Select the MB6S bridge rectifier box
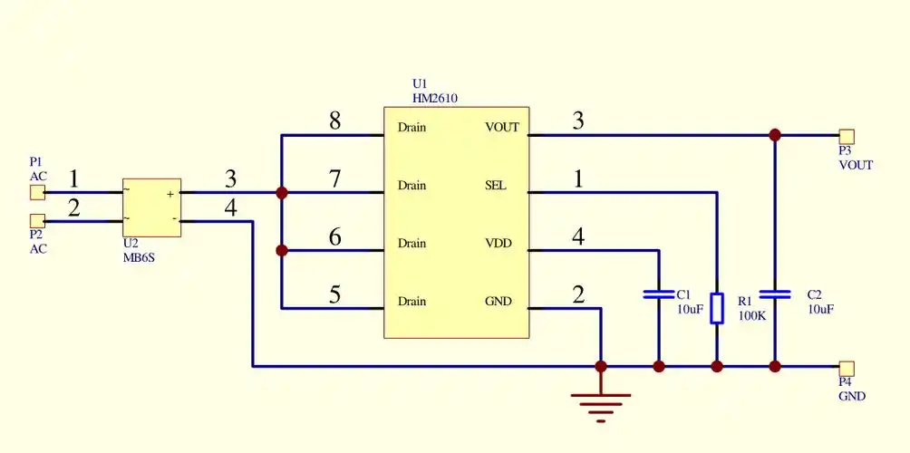(151, 207)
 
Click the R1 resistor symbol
(717, 308)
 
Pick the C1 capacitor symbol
(659, 294)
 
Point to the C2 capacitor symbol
(775, 294)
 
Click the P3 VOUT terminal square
(847, 136)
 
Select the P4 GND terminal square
(847, 368)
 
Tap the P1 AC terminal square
(37, 192)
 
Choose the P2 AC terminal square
(37, 221)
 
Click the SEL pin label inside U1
(496, 186)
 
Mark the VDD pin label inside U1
(499, 244)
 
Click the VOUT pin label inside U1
(502, 128)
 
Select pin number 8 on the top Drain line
(334, 120)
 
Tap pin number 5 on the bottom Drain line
(334, 294)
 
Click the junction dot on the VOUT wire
(775, 135)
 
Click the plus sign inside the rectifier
(169, 194)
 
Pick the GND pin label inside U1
(499, 302)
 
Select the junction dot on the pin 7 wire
(282, 192)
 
